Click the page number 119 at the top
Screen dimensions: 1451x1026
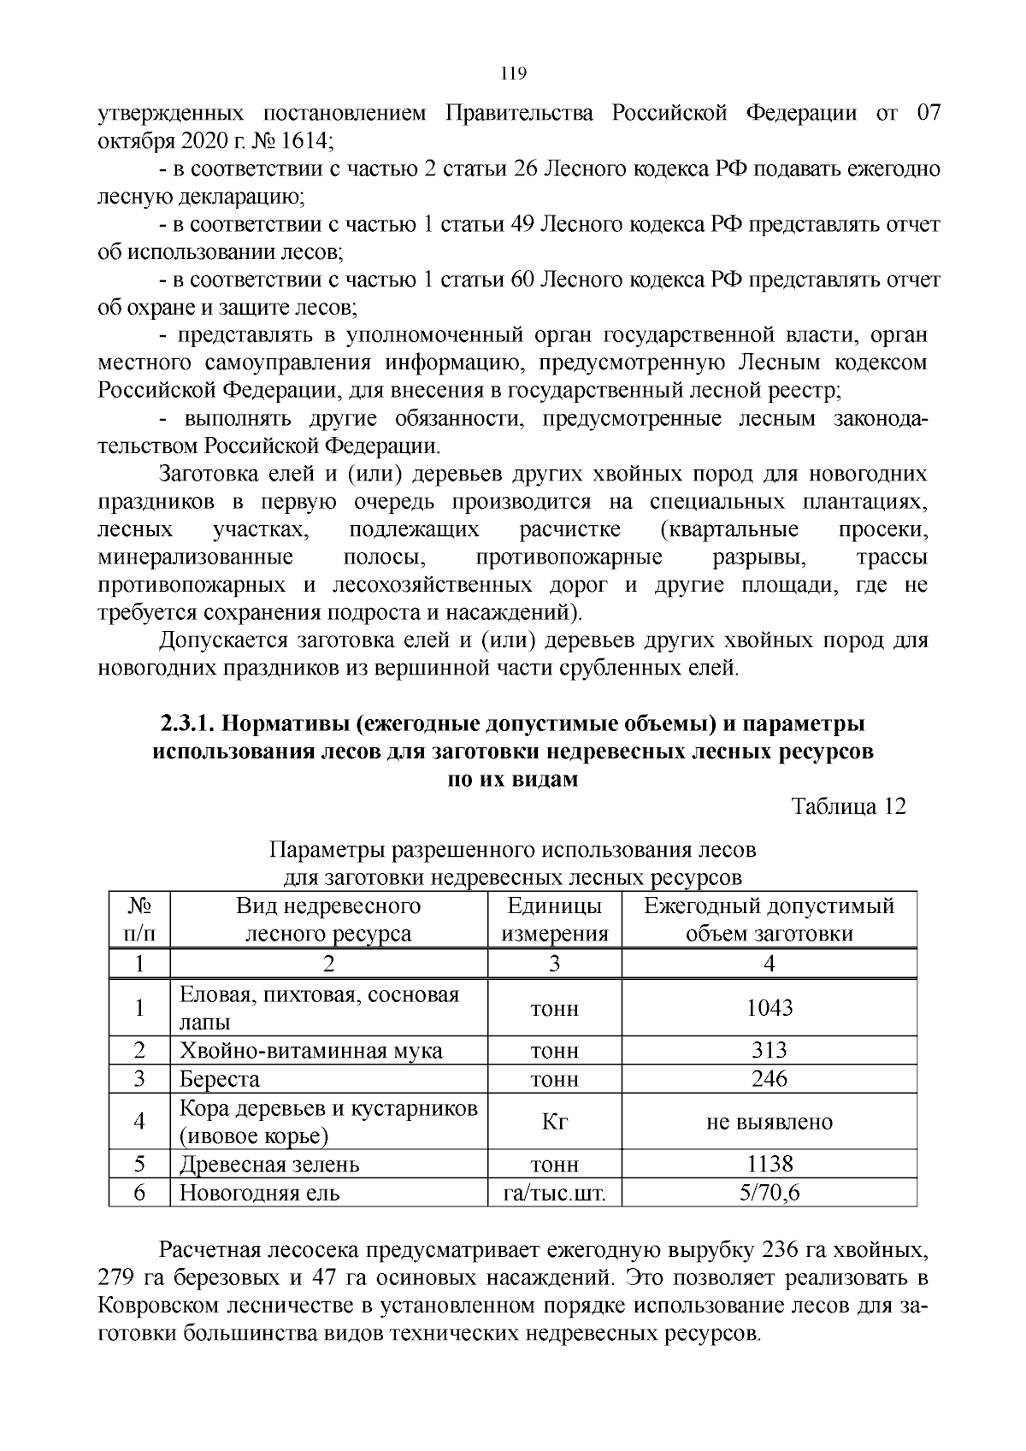pos(512,73)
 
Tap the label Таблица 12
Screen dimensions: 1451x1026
pos(848,806)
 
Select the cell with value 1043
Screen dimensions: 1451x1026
pos(769,1008)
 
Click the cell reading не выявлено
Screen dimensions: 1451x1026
pos(769,1122)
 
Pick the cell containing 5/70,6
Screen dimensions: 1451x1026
pos(769,1192)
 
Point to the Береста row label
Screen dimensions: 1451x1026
pos(220,1079)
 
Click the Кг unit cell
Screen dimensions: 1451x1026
pos(554,1122)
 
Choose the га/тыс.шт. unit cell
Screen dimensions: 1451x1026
pos(554,1192)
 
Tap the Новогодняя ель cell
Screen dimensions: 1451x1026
pos(259,1192)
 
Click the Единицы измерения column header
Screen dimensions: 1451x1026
pos(554,919)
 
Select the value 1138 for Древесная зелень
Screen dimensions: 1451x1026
pos(769,1164)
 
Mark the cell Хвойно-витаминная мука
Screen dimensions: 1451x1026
pos(310,1051)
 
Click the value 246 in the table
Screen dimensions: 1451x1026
pos(769,1079)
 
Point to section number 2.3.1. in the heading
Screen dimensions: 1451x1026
pos(189,723)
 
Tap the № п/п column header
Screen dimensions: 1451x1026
pos(139,919)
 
